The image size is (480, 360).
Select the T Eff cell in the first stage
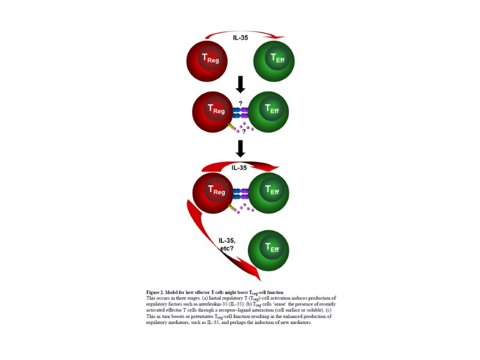(x=275, y=59)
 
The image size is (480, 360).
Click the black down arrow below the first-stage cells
(x=241, y=84)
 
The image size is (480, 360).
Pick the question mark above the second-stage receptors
(x=241, y=103)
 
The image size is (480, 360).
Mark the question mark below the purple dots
(x=244, y=132)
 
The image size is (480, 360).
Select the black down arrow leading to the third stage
(x=241, y=149)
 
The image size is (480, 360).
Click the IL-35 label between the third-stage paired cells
(x=239, y=168)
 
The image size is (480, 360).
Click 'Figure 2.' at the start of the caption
(x=157, y=292)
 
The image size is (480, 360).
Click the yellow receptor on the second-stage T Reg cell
(x=232, y=128)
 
